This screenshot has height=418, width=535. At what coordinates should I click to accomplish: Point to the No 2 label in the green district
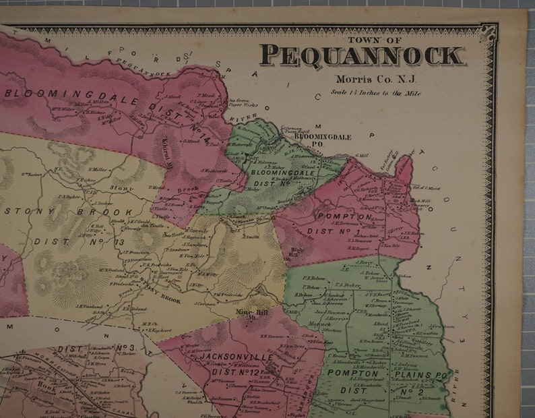(424, 390)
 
